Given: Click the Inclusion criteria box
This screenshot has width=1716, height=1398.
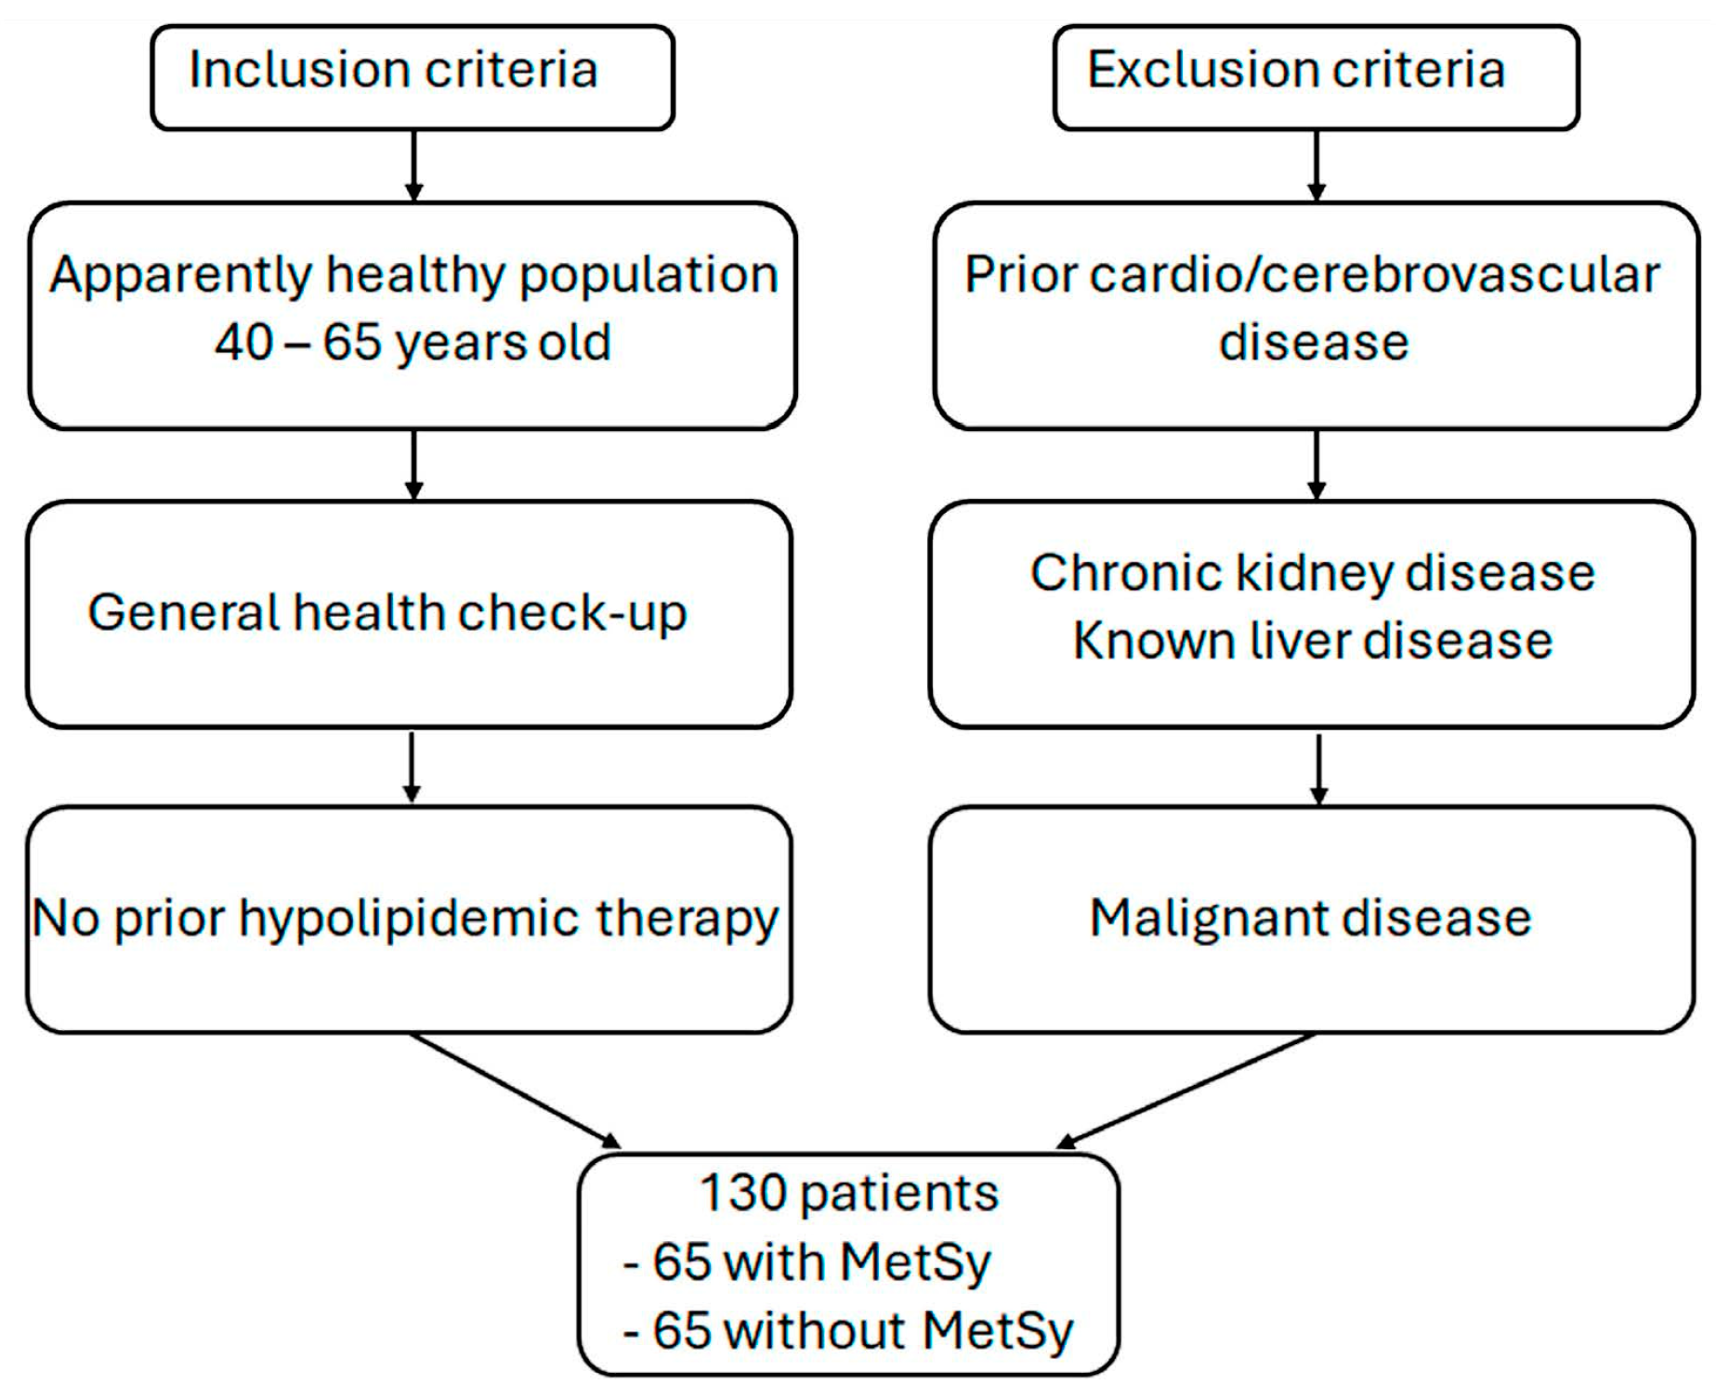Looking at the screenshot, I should coord(413,77).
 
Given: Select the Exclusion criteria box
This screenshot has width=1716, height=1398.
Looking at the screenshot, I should coord(1316,77).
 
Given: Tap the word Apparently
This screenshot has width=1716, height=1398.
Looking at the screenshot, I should coord(181,275).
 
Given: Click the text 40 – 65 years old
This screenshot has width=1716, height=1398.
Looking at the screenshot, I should coord(413,342).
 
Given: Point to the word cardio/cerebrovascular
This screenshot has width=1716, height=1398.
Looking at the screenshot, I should coord(1375,275).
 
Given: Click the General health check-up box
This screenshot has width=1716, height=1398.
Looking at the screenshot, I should coord(409,614).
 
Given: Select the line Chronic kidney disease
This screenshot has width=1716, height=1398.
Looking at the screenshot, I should coord(1312,572).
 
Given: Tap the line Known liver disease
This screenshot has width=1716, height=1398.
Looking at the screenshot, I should coord(1312,641).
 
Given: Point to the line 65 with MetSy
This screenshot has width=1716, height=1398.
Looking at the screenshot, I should coord(808,1261).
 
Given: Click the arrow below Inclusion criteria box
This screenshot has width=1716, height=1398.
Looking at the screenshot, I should coord(414,165).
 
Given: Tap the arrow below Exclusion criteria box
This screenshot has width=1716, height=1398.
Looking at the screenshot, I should coord(1316,165).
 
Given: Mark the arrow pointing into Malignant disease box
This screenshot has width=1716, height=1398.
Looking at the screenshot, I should coord(1318,768).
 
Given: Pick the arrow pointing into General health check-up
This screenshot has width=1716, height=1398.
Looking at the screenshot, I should coord(414,464).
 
